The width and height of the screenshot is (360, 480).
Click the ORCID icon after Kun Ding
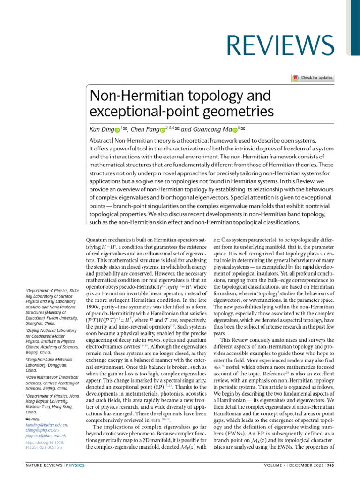118,129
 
